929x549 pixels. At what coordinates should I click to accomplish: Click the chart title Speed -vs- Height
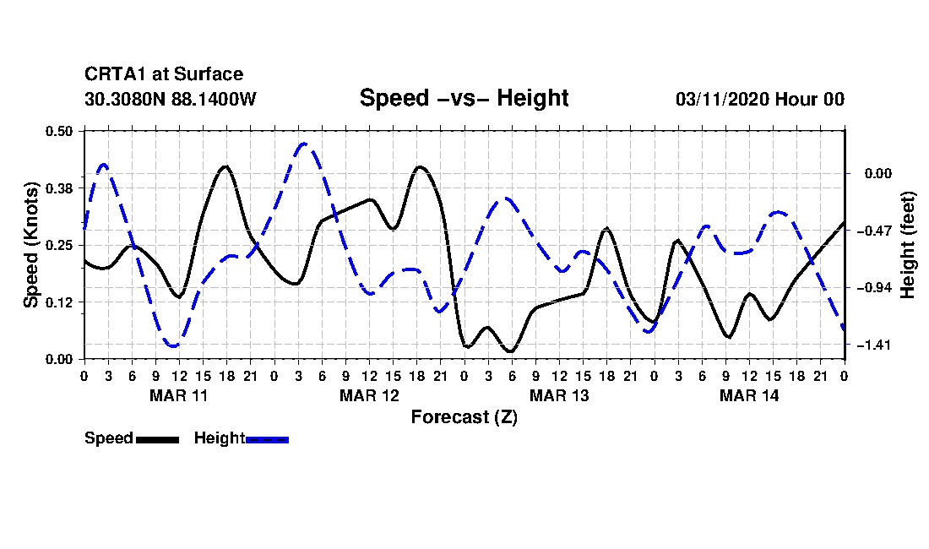[x=464, y=98]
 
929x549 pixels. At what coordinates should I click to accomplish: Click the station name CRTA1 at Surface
[x=164, y=75]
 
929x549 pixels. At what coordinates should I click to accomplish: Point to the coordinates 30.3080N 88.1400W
[x=170, y=99]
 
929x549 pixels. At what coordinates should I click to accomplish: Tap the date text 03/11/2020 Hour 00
[x=760, y=99]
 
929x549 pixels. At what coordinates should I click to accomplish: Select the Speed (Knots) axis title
[x=31, y=244]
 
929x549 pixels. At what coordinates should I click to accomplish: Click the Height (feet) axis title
[x=909, y=245]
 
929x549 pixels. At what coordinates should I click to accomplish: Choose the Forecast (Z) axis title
[x=464, y=416]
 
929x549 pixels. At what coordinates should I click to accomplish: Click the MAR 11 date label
[x=179, y=395]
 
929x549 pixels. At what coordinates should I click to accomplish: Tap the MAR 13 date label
[x=559, y=395]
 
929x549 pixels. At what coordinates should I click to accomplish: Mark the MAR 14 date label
[x=749, y=395]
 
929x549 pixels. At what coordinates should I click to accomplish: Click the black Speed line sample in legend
[x=157, y=439]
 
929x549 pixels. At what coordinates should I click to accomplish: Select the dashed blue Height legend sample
[x=267, y=439]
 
